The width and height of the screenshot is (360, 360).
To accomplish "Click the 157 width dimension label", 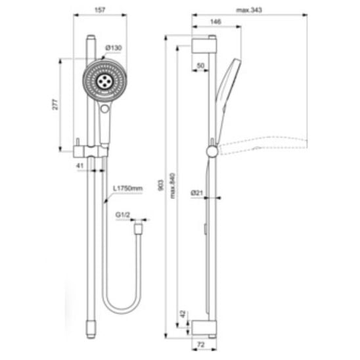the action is pos(100,10).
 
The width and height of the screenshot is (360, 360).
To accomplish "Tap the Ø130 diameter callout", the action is pos(114,48).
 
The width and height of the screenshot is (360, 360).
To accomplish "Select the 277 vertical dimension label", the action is pos(55,104).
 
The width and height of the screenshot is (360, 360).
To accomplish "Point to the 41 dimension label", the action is pos(80,166).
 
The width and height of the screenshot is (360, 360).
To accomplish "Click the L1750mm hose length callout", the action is pos(127,189).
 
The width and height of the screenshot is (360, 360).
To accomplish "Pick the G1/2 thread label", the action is pos(123,215).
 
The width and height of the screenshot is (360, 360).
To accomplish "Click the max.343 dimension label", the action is pos(249,10).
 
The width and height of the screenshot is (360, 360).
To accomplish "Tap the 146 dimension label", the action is pos(215,22).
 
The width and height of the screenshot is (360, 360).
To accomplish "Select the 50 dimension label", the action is pos(200,66).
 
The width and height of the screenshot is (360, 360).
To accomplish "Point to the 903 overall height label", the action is pos(161,185).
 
